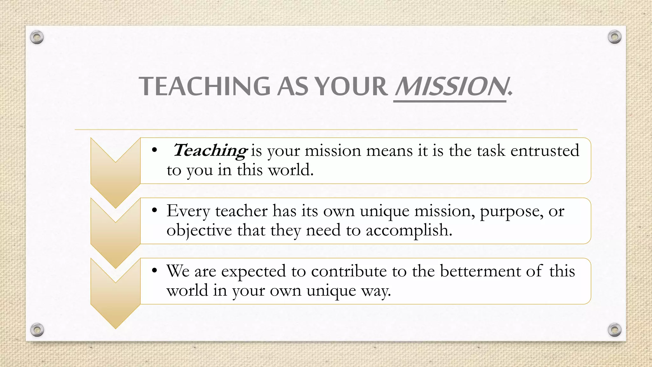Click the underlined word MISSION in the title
tap(450, 86)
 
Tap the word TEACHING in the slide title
tap(204, 86)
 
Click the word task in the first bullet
tap(491, 150)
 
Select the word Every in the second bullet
tap(188, 211)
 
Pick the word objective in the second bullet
tap(199, 230)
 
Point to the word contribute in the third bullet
tap(349, 271)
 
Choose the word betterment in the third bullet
tap(480, 271)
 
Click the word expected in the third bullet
tap(253, 272)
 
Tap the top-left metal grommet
tap(37, 37)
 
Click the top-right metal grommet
tap(614, 37)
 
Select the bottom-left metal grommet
tap(37, 330)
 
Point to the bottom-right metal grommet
tap(614, 330)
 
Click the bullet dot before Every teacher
tap(155, 211)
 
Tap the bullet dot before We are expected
tap(155, 271)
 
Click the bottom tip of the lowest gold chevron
tap(116, 327)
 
